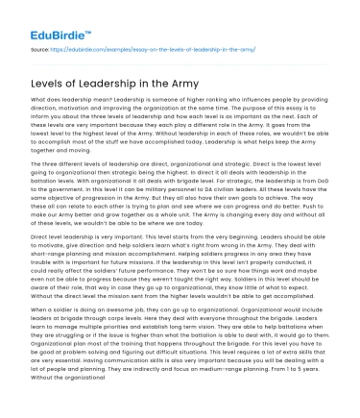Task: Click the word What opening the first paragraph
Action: pos(40,101)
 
